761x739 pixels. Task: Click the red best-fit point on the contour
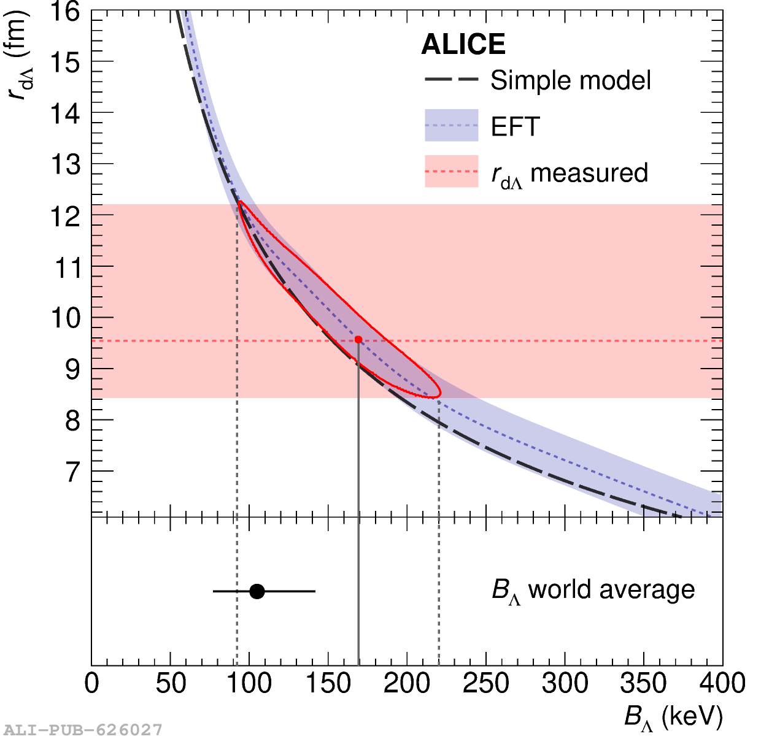pyautogui.click(x=358, y=339)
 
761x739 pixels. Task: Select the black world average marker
pyautogui.click(x=257, y=591)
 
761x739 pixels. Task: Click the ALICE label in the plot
pyautogui.click(x=463, y=45)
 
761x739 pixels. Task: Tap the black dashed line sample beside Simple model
pyautogui.click(x=451, y=80)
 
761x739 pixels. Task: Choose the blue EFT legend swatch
pyautogui.click(x=451, y=125)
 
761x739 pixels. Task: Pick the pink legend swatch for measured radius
pyautogui.click(x=451, y=171)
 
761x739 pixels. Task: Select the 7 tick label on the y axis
pyautogui.click(x=72, y=472)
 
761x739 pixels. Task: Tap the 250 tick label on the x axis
pyautogui.click(x=485, y=684)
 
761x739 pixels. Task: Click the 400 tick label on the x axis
pyautogui.click(x=722, y=684)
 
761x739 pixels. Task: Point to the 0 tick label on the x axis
pyautogui.click(x=91, y=684)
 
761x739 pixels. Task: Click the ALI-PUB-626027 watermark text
pyautogui.click(x=83, y=730)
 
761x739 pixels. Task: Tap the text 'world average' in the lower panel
pyautogui.click(x=611, y=589)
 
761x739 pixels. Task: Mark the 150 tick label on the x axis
pyautogui.click(x=328, y=684)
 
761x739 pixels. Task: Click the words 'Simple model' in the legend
pyautogui.click(x=570, y=80)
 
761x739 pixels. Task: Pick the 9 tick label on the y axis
pyautogui.click(x=72, y=369)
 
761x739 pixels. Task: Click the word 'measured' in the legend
pyautogui.click(x=589, y=173)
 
